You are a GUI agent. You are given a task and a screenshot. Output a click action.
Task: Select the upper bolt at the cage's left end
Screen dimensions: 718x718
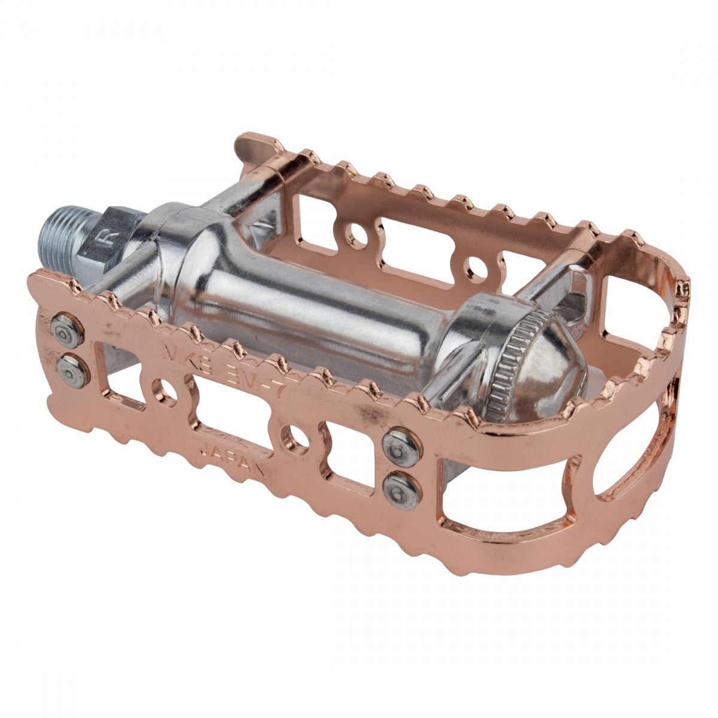point(66,331)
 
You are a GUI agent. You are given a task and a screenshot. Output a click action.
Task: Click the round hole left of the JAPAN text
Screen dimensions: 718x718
point(164,392)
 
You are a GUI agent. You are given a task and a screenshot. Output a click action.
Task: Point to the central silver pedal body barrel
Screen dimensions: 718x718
point(311,317)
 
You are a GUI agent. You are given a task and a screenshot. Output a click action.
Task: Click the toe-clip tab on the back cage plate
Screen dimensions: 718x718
point(257,147)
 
